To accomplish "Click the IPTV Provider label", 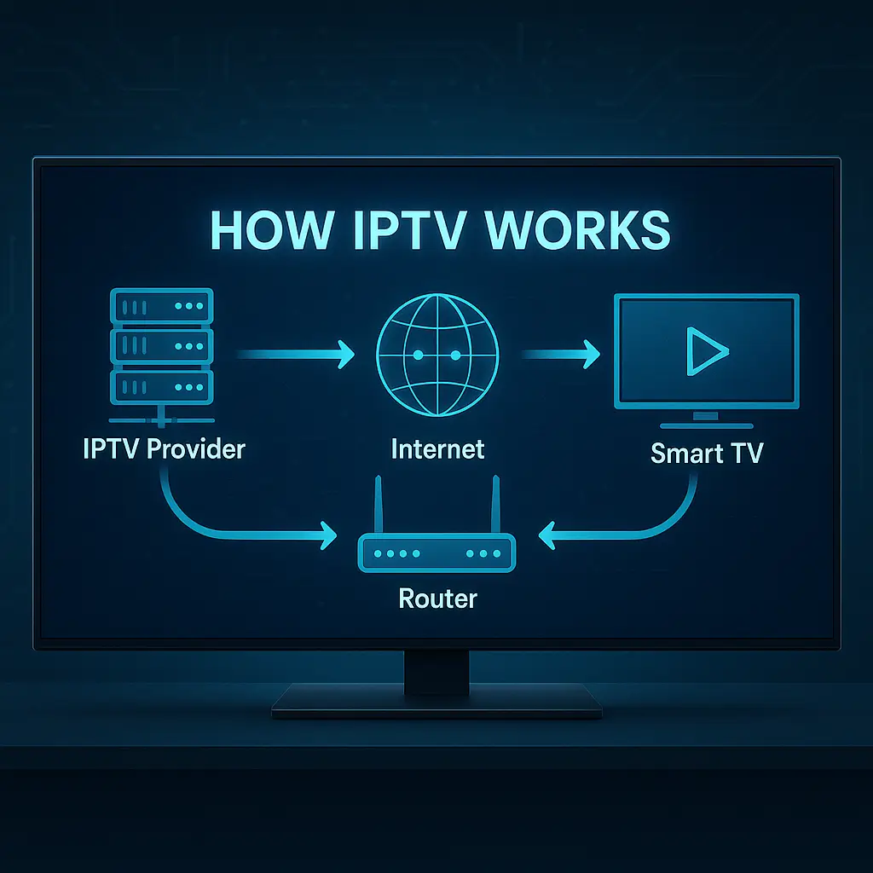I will pyautogui.click(x=164, y=448).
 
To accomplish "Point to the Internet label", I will pyautogui.click(x=437, y=448).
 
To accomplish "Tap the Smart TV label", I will pyautogui.click(x=707, y=452).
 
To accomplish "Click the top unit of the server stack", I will pyautogui.click(x=162, y=305).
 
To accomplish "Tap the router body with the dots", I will pyautogui.click(x=436, y=552).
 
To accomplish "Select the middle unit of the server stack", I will pyautogui.click(x=162, y=344).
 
